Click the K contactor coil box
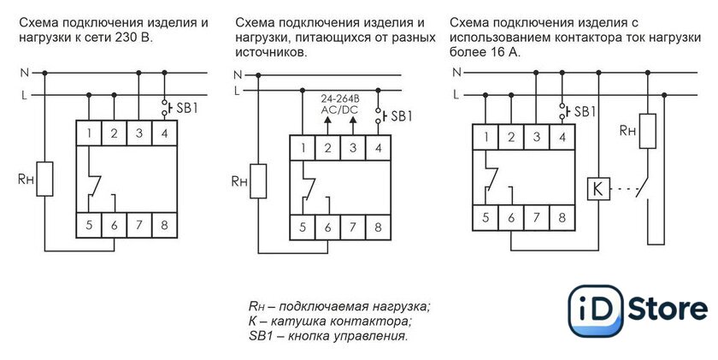pyautogui.click(x=598, y=187)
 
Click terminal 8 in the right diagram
pyautogui.click(x=561, y=217)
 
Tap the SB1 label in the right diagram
pyautogui.click(x=585, y=112)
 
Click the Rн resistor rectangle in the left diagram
pyautogui.click(x=45, y=180)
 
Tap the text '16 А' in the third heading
pyautogui.click(x=498, y=52)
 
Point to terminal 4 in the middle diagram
pyautogui.click(x=377, y=149)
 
